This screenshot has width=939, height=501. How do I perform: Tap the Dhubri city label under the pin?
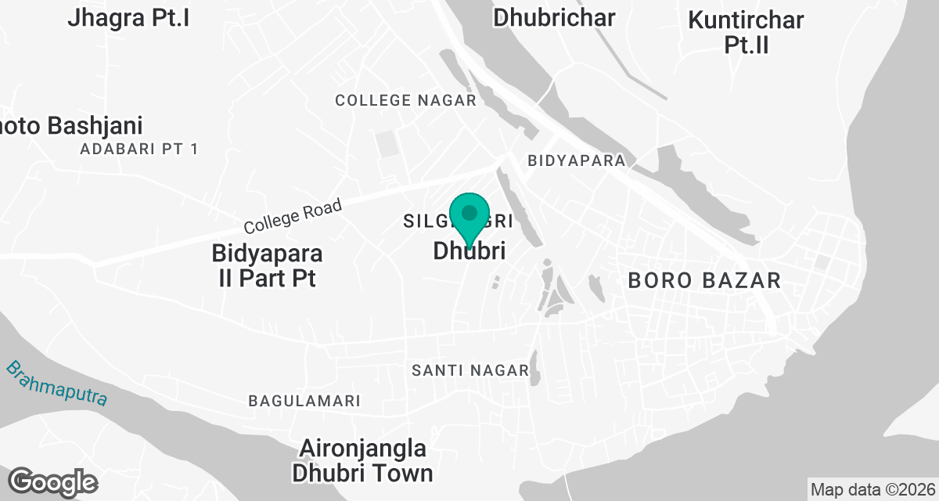(x=469, y=251)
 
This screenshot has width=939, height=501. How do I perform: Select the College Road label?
(x=293, y=217)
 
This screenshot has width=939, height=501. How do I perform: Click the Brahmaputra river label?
(x=56, y=383)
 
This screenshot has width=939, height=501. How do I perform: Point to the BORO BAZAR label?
(x=704, y=280)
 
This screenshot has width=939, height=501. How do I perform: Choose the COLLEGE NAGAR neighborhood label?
(x=405, y=100)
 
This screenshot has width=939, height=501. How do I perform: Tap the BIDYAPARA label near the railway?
(x=577, y=160)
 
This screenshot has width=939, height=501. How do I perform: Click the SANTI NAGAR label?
(x=470, y=370)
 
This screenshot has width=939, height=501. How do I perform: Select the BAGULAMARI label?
(x=304, y=401)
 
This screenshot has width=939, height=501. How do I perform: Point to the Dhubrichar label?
(x=554, y=17)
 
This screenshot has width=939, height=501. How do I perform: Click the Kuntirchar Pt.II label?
(x=746, y=32)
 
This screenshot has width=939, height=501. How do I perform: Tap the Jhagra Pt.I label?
(x=128, y=17)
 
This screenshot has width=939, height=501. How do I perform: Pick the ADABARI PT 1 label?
(x=139, y=149)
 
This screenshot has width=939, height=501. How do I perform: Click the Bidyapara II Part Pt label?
(x=267, y=265)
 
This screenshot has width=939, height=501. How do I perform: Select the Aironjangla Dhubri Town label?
(x=362, y=460)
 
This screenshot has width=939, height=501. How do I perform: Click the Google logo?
(x=52, y=481)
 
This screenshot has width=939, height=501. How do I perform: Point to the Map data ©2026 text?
(x=872, y=490)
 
